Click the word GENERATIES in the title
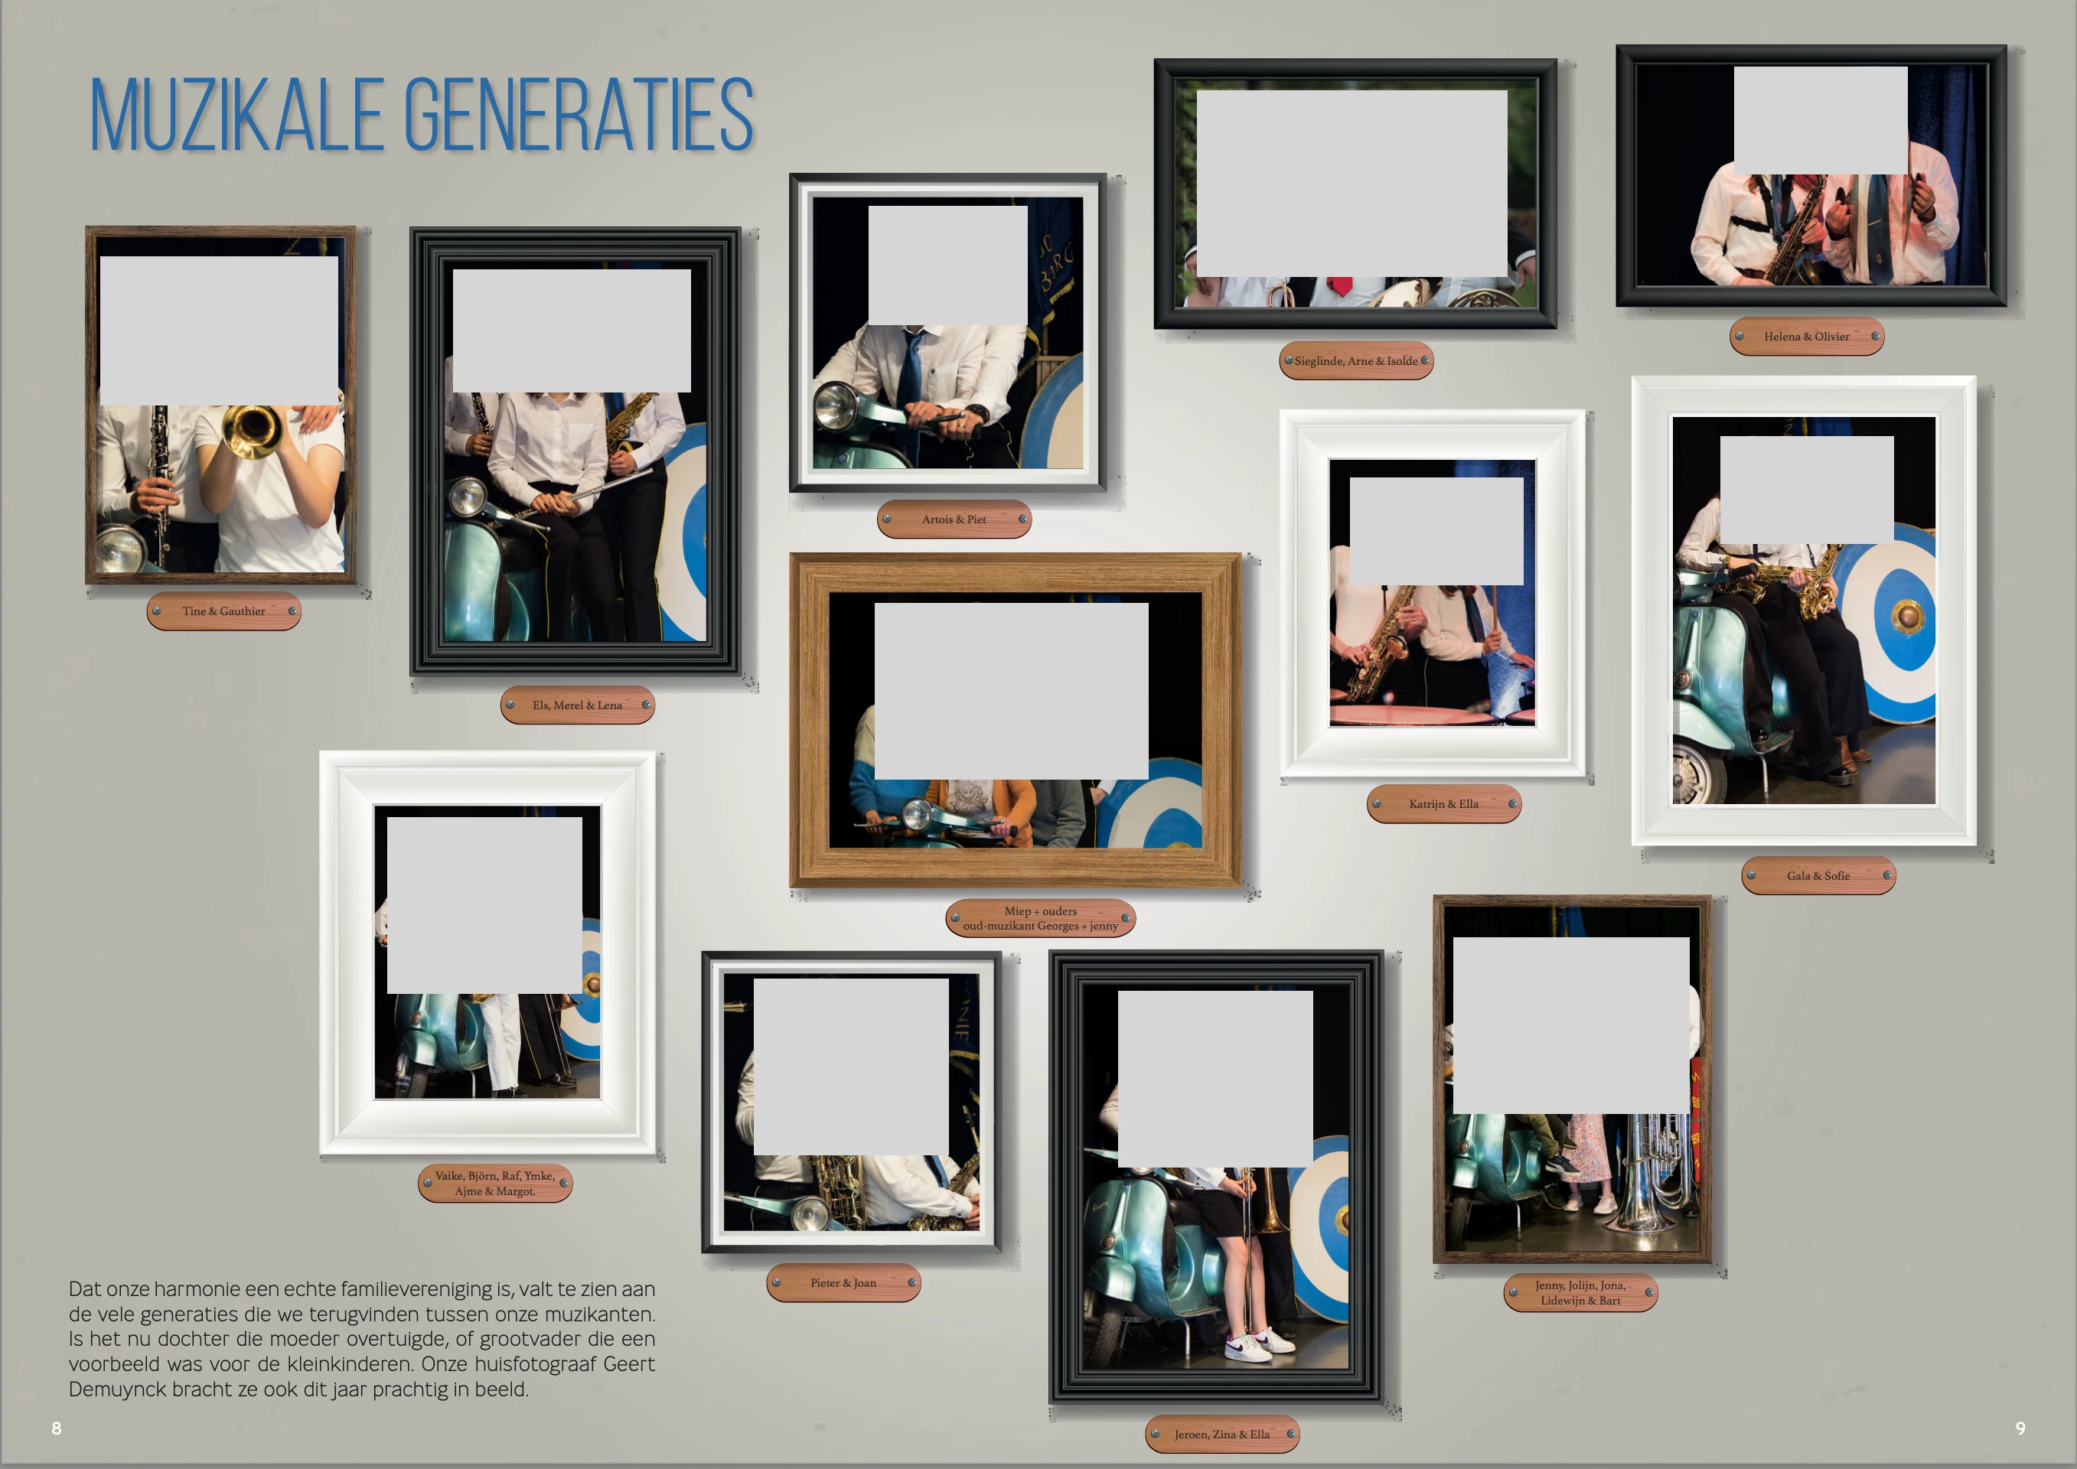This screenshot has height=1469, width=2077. click(x=579, y=116)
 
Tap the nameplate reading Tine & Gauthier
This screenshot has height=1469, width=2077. click(x=223, y=611)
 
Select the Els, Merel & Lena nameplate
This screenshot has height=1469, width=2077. click(x=577, y=705)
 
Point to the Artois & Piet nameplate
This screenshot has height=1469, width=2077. click(x=954, y=520)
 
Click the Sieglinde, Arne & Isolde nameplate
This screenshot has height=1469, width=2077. click(x=1356, y=361)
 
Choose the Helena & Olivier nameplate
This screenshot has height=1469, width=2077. click(x=1807, y=337)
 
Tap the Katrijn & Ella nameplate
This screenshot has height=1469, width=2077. click(x=1444, y=804)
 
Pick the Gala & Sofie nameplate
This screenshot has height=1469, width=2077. click(x=1818, y=875)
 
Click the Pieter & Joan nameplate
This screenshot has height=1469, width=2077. click(x=843, y=1282)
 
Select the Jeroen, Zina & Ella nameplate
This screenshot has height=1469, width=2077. click(x=1222, y=1434)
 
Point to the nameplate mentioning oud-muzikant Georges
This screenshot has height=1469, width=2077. click(x=1040, y=918)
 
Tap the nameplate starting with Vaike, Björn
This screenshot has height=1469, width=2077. click(x=495, y=1183)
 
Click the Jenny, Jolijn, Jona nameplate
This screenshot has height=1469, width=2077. click(x=1580, y=1292)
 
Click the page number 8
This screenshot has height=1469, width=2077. click(x=56, y=1428)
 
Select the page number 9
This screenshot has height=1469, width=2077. click(x=2020, y=1428)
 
